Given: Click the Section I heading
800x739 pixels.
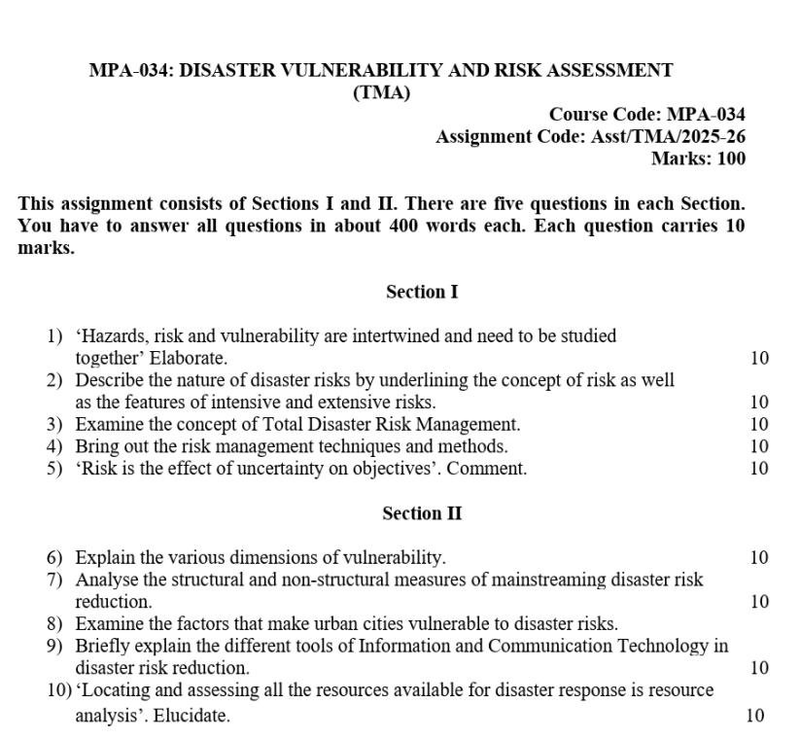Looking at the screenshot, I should (422, 292).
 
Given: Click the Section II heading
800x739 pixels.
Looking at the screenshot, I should (422, 513).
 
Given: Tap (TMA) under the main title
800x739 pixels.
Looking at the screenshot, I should (381, 93).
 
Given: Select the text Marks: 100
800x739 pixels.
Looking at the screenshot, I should (698, 159).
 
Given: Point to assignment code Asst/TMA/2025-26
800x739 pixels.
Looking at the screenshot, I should (668, 137).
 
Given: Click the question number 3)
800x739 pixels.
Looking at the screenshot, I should (54, 424).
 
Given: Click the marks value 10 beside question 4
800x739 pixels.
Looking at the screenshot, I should (759, 446).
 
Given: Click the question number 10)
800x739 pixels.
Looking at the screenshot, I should (58, 690).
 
